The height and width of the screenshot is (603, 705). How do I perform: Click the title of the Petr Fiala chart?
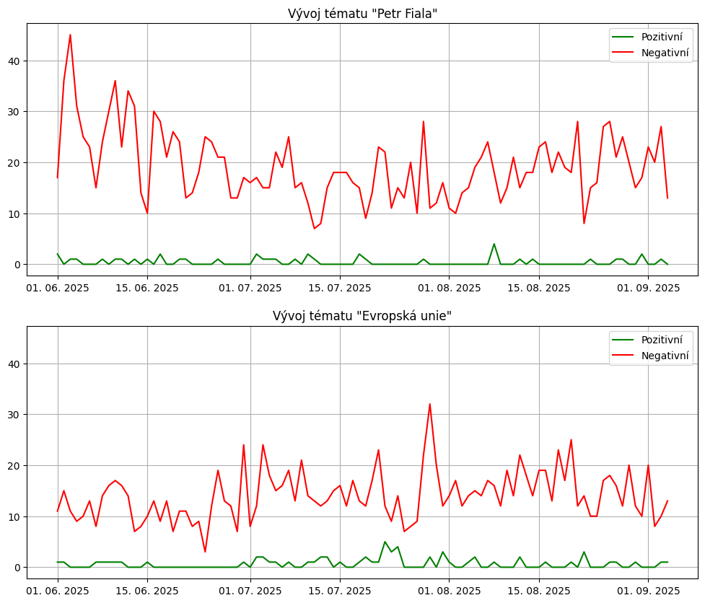362,14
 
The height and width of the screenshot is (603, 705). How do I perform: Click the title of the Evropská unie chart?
362,316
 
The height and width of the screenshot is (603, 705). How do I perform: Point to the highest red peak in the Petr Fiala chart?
70,35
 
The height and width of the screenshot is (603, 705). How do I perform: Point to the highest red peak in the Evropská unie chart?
429,404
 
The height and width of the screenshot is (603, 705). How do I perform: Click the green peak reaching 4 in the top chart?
494,244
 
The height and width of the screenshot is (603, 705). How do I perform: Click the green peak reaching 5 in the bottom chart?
385,542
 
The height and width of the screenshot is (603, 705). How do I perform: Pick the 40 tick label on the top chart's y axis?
14,61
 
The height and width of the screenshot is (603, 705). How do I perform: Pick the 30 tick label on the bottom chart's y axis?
14,415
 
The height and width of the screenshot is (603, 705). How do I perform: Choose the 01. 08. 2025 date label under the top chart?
449,288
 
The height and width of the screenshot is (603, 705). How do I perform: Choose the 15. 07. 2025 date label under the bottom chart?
340,590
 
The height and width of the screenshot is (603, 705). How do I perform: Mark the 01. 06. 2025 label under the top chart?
58,288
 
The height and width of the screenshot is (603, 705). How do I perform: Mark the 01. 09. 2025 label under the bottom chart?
648,590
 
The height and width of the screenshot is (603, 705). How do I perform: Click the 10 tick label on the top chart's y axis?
14,214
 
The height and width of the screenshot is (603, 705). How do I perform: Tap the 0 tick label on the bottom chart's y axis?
17,568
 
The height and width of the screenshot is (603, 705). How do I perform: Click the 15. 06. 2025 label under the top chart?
147,288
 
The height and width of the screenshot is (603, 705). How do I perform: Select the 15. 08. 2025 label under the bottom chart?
539,590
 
